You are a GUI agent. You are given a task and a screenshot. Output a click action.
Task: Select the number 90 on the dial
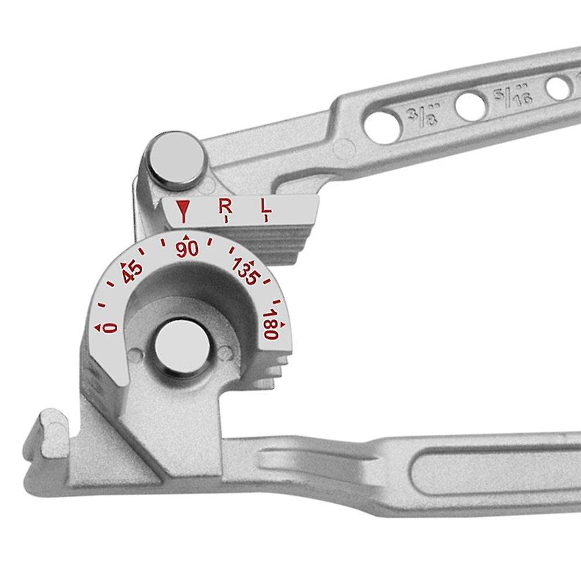[x=187, y=249]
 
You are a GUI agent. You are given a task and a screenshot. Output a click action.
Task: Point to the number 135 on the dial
[x=244, y=270]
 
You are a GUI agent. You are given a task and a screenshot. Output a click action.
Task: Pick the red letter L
[x=265, y=205]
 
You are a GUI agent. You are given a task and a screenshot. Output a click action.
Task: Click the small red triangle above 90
[x=186, y=237]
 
